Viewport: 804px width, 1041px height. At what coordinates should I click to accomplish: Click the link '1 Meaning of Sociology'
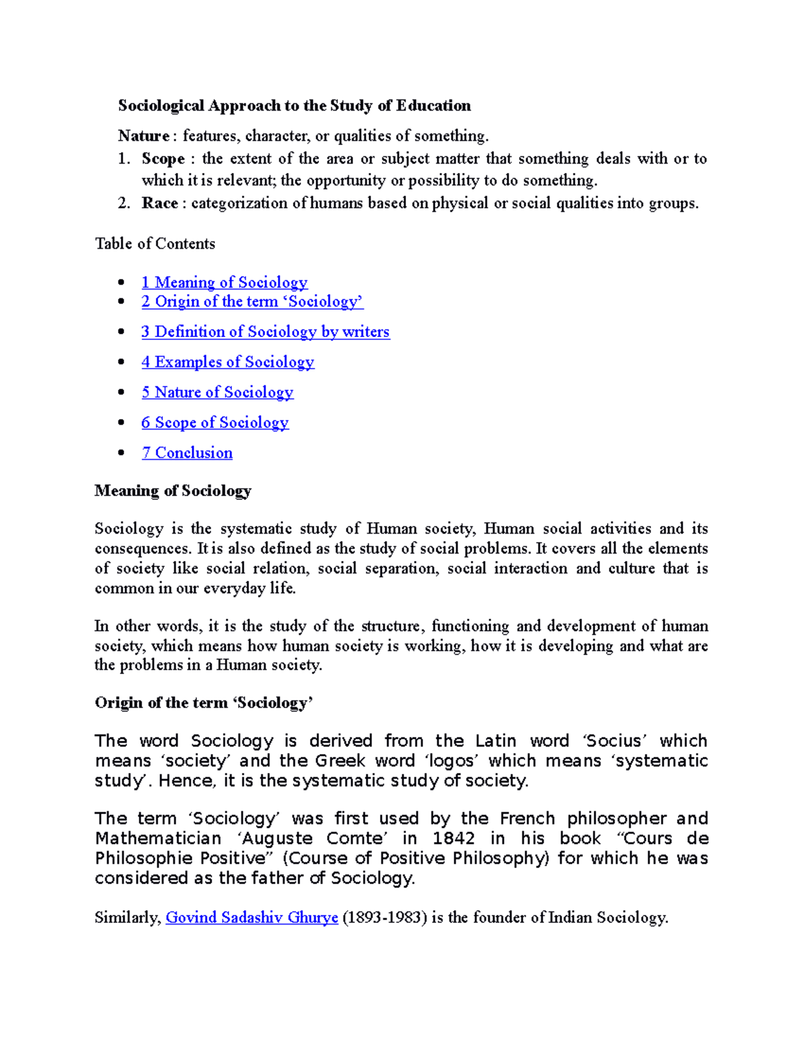pos(224,282)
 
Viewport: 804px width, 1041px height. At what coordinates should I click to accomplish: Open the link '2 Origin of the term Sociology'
pos(252,302)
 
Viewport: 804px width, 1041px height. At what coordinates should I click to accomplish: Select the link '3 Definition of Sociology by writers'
pos(265,332)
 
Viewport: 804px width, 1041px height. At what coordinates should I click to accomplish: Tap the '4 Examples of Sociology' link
pos(227,362)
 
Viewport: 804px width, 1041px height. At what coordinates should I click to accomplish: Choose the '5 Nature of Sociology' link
pos(217,392)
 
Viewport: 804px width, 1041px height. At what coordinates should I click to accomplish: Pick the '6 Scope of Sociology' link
pos(214,422)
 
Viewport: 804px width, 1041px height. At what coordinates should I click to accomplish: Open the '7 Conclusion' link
pos(187,453)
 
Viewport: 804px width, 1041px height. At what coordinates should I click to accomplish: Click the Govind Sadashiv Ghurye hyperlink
pos(251,918)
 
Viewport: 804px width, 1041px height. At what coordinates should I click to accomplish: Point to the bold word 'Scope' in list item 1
pos(163,159)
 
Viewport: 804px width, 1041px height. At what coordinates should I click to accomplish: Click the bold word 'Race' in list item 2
pos(159,203)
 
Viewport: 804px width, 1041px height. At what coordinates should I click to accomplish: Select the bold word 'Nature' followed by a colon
pos(143,136)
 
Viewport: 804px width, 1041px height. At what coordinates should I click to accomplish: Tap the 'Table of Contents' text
pos(155,244)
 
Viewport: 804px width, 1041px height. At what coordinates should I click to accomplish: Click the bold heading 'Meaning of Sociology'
pos(173,491)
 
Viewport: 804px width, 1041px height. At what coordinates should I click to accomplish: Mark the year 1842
pos(454,839)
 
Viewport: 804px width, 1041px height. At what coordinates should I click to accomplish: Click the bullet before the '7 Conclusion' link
pos(121,453)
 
